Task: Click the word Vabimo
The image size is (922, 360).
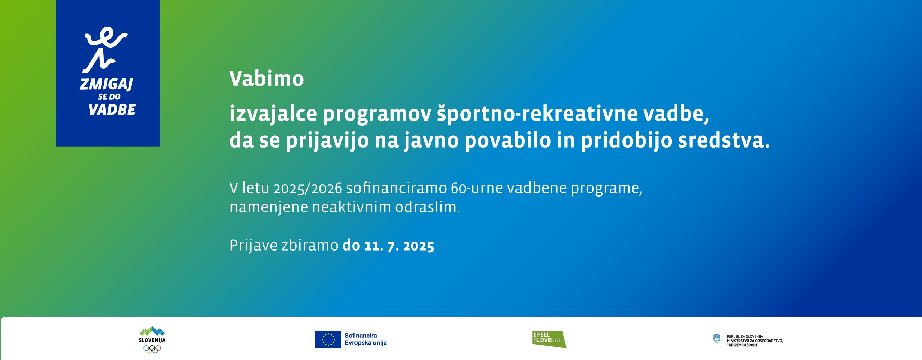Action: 267,79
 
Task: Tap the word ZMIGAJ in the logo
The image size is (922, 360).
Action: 106,85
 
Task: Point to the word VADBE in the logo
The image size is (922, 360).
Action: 112,109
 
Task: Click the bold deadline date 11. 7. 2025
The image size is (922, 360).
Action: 399,246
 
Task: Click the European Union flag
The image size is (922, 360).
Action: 328,339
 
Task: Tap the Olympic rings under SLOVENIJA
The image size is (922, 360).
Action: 152,348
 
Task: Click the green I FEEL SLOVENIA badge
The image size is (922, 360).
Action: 549,339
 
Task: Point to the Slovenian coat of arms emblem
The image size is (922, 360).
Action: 717,338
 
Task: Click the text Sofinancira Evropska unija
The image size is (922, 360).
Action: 365,339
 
